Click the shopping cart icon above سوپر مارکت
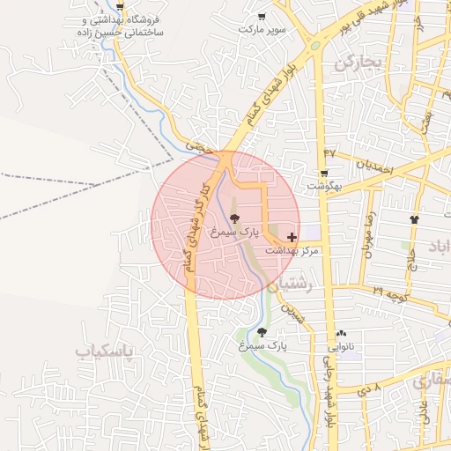click(x=262, y=17)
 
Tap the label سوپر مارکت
click(x=262, y=29)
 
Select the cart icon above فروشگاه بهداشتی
click(x=120, y=7)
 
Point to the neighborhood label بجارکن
click(x=360, y=63)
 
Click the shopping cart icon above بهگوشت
click(x=324, y=174)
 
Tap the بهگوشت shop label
click(x=324, y=187)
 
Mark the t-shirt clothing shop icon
click(x=415, y=219)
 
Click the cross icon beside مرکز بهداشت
click(x=292, y=238)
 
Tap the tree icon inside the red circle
click(x=233, y=218)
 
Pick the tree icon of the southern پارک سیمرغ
click(x=262, y=332)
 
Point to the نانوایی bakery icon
click(x=341, y=334)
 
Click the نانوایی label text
click(x=342, y=347)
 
